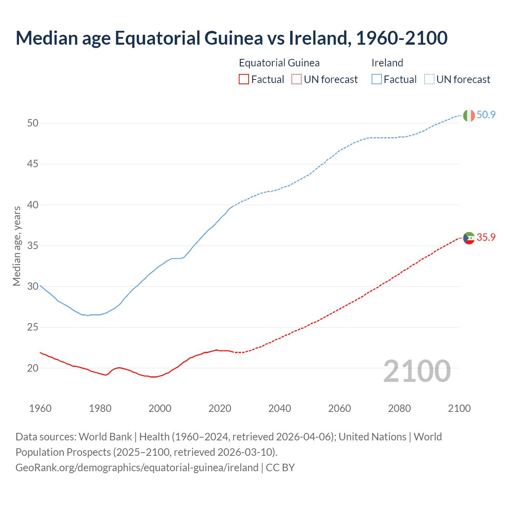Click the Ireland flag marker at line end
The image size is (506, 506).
tap(468, 115)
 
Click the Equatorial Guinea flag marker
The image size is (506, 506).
tap(468, 238)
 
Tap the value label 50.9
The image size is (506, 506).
tap(486, 115)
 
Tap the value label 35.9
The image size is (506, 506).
tap(486, 238)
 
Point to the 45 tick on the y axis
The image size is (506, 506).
tap(33, 164)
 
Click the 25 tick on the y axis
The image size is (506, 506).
tap(33, 327)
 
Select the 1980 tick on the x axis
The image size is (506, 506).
tap(100, 408)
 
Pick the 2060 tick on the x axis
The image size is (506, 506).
tap(340, 408)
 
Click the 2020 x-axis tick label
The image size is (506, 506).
tap(220, 408)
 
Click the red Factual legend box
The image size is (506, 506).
tap(244, 79)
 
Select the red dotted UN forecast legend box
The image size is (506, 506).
tap(296, 79)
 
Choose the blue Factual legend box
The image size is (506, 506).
tap(377, 79)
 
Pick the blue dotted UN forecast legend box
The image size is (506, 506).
tap(429, 79)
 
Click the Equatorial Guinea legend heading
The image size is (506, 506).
tap(279, 63)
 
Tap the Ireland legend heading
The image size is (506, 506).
tap(387, 63)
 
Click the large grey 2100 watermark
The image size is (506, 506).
tap(417, 371)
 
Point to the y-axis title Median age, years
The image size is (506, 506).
tap(17, 246)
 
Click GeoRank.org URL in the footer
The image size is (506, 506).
tap(137, 468)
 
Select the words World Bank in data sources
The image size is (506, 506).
tap(105, 437)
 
